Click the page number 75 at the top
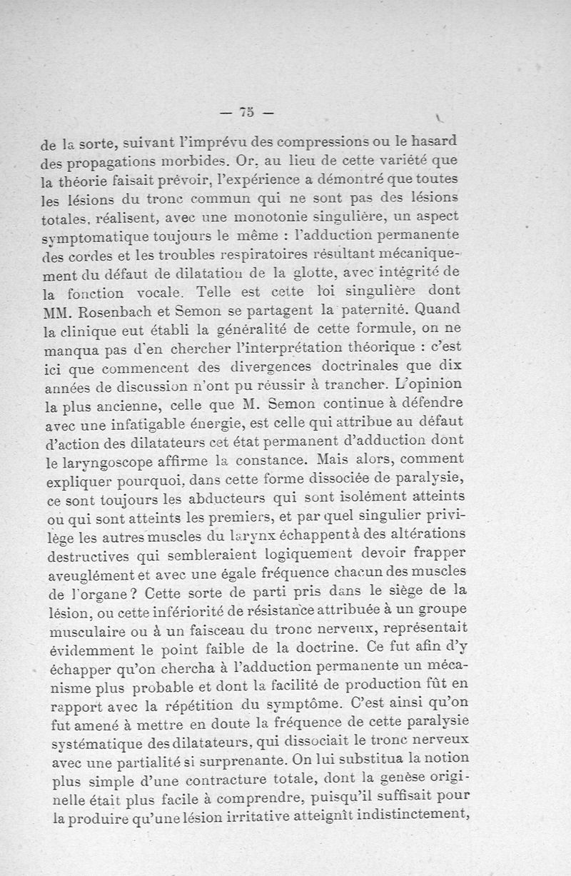pos(247,112)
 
